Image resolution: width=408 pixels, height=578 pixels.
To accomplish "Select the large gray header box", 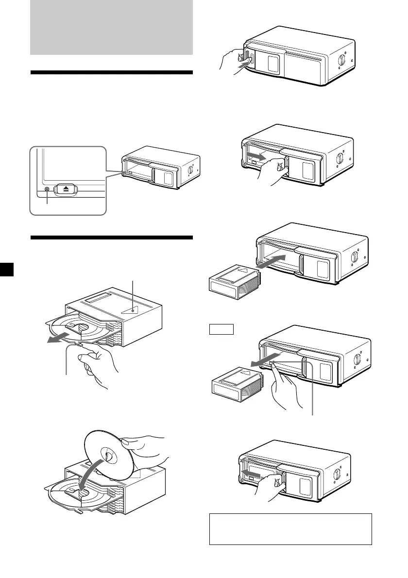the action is pyautogui.click(x=111, y=27).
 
